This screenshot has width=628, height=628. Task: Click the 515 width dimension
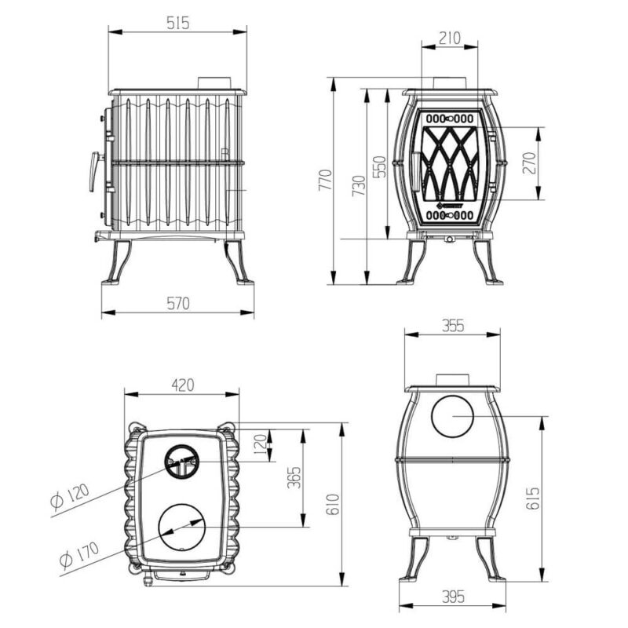(x=178, y=24)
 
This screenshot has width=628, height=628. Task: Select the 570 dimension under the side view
(x=178, y=303)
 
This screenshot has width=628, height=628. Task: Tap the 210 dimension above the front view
(x=449, y=38)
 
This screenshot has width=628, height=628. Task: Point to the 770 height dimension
(x=325, y=180)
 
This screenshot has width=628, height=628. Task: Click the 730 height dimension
(x=359, y=185)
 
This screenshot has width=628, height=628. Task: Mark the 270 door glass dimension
(x=529, y=163)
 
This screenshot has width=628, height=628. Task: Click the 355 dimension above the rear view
(x=453, y=326)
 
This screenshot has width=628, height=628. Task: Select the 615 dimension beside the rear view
(x=533, y=498)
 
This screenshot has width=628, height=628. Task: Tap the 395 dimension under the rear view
(x=453, y=597)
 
